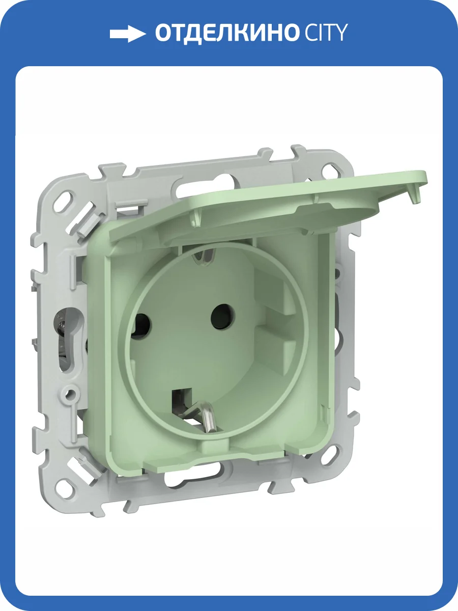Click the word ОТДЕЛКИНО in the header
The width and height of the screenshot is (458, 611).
pyautogui.click(x=226, y=33)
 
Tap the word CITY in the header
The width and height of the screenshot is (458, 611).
pyautogui.click(x=326, y=33)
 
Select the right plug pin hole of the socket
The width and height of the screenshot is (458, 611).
pyautogui.click(x=222, y=316)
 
